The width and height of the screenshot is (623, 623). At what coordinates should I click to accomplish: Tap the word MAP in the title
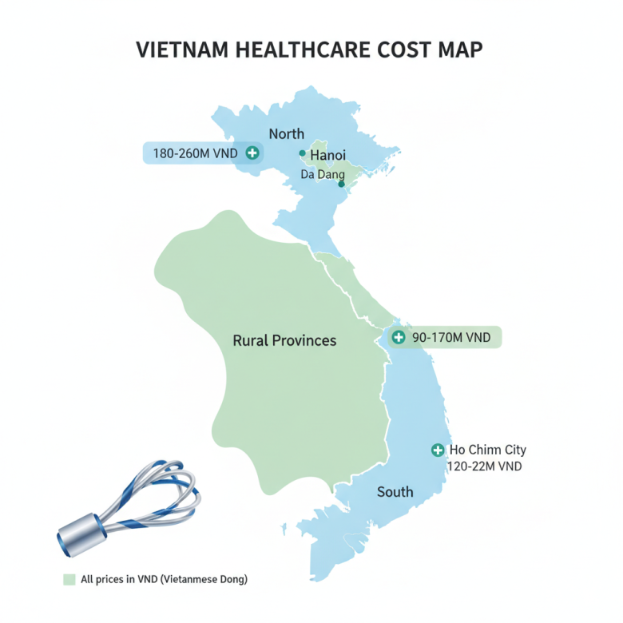(x=458, y=50)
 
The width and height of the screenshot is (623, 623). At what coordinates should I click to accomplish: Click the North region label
(x=286, y=133)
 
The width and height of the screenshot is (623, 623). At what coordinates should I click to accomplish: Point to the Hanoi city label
(x=327, y=154)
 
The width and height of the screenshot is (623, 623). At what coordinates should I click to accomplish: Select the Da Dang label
(x=322, y=173)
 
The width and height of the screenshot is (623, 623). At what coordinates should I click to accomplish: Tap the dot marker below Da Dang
(x=341, y=185)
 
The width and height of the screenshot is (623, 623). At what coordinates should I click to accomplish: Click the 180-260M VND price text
(x=195, y=153)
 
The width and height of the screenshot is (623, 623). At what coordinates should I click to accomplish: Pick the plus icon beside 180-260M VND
(x=252, y=153)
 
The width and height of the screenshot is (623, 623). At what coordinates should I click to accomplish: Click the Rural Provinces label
(x=284, y=340)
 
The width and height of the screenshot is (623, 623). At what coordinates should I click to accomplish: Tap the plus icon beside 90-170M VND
(x=398, y=337)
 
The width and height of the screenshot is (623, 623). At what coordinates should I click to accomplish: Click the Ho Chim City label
(x=487, y=450)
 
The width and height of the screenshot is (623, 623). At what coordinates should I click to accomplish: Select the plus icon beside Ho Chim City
(x=437, y=450)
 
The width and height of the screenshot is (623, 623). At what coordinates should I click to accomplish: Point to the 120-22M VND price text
(x=485, y=466)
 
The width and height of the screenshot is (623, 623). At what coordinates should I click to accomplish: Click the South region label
(x=395, y=491)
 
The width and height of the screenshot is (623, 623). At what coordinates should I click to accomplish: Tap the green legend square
(x=69, y=579)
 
